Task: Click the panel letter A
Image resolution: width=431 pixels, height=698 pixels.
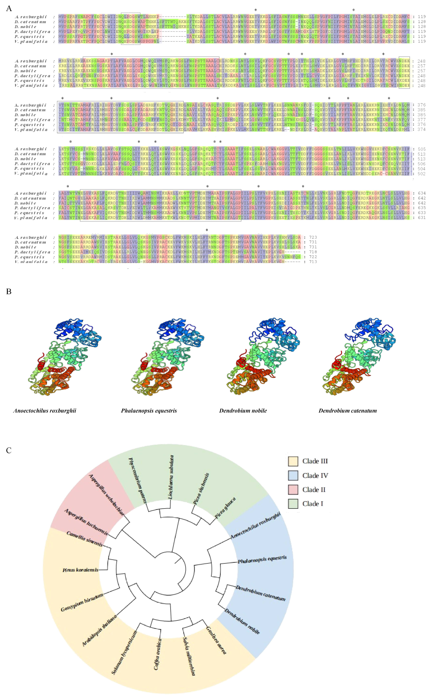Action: (x=9, y=9)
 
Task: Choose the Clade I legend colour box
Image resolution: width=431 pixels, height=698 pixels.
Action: (x=293, y=504)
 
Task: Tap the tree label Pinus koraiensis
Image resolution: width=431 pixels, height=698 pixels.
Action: (x=80, y=570)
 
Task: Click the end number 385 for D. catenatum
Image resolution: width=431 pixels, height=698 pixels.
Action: (x=421, y=110)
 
